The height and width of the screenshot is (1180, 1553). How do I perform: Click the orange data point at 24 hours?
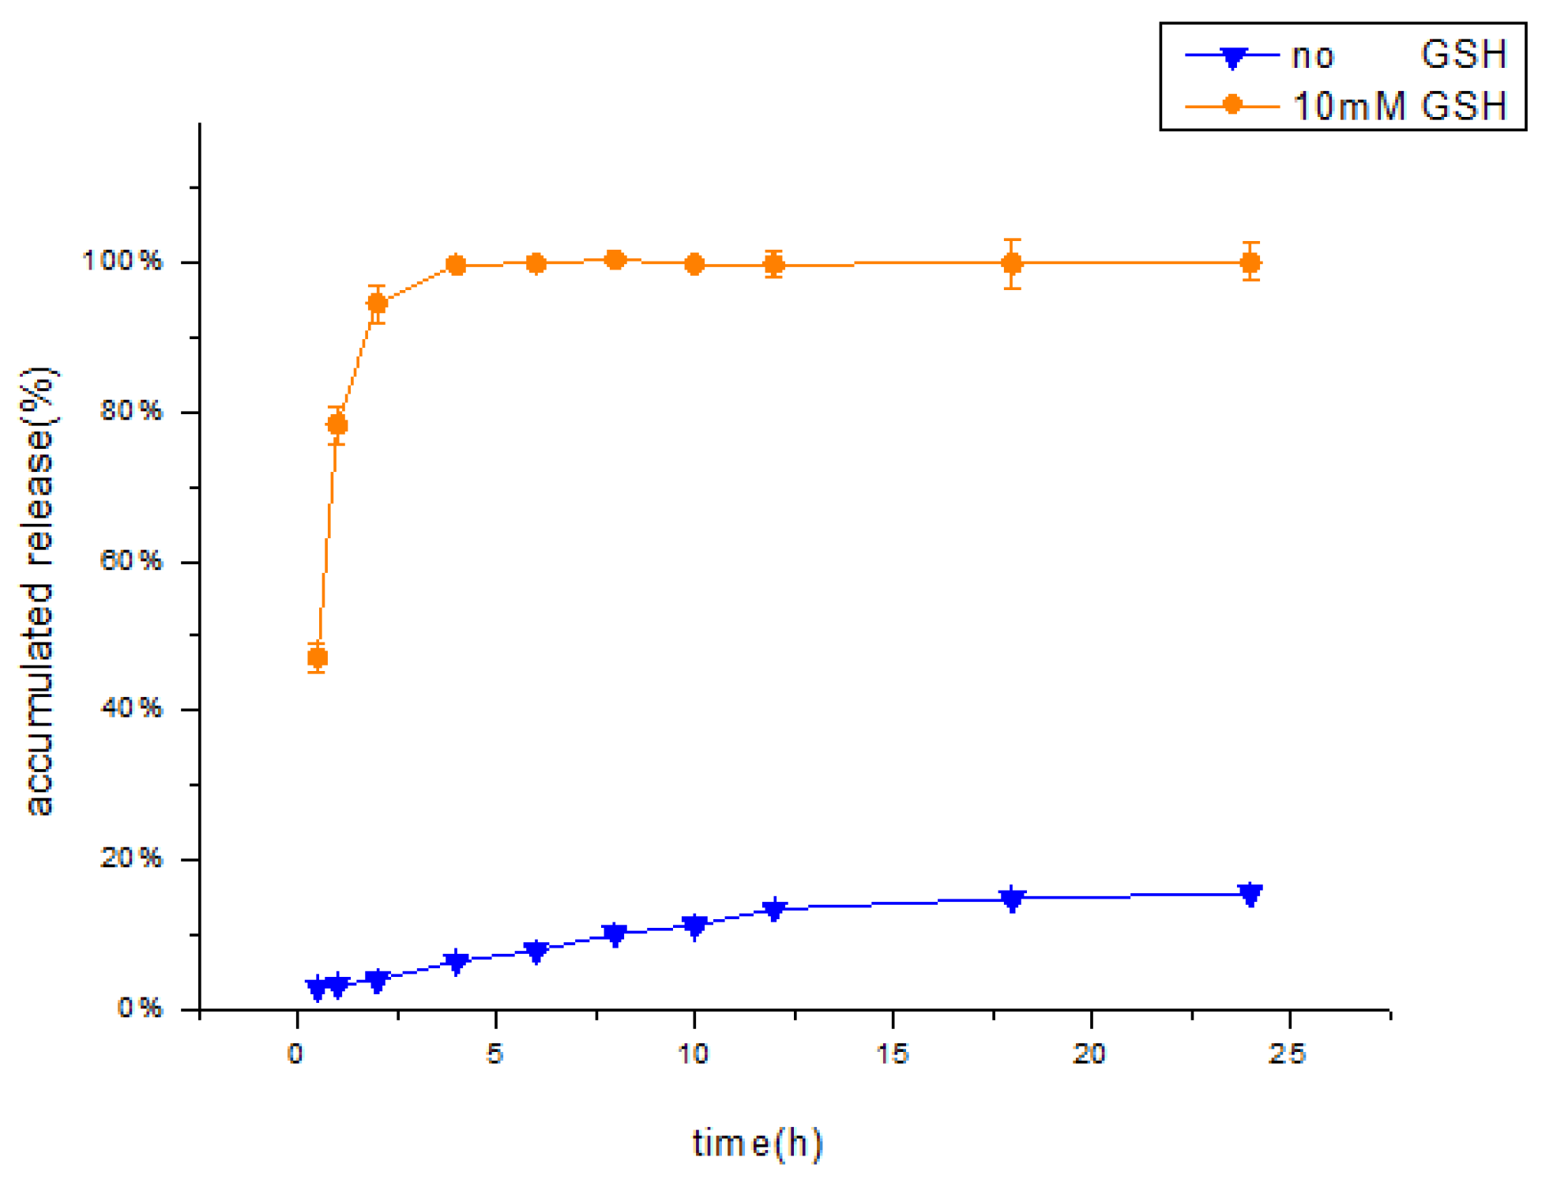click(1250, 262)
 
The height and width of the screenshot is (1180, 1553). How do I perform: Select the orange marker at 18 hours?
click(1012, 263)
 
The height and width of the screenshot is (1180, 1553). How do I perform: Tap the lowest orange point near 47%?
click(317, 657)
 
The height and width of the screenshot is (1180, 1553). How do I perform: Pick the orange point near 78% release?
click(337, 424)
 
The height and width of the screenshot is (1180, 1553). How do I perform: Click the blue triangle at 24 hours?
click(1250, 894)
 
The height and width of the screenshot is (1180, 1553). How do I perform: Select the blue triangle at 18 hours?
click(1012, 898)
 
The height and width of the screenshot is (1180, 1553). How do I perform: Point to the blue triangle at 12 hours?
click(774, 909)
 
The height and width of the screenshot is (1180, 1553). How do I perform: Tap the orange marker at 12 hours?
click(774, 265)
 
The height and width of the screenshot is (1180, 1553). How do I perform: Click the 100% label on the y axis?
click(122, 260)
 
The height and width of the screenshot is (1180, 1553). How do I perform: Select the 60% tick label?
click(131, 560)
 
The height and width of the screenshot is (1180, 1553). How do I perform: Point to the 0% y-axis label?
click(140, 1008)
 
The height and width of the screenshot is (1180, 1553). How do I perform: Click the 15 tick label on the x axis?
click(893, 1054)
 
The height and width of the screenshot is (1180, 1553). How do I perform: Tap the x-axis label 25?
click(1288, 1054)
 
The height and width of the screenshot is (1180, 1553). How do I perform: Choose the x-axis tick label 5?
click(494, 1054)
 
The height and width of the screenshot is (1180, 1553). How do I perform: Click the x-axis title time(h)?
click(757, 1143)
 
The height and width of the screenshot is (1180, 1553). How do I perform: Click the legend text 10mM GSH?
click(1399, 106)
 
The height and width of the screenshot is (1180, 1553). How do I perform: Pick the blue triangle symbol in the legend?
click(1232, 57)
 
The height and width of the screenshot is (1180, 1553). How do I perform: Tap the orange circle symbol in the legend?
click(1232, 105)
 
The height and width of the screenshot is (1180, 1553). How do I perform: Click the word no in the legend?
click(1312, 56)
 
